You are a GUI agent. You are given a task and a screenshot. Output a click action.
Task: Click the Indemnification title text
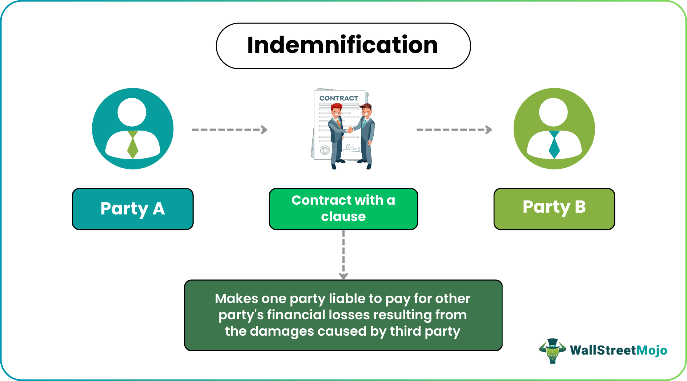pos(343,45)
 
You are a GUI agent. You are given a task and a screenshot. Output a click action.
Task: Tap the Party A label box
pos(133,209)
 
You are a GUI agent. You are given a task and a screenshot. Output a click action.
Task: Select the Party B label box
pos(554,209)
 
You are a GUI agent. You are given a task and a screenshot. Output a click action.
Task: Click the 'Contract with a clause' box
pos(343,209)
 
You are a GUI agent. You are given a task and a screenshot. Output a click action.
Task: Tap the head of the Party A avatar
pos(132,112)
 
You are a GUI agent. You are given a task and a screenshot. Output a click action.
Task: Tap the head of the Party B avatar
pos(553,112)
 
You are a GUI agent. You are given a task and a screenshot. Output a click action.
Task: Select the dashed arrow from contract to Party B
pos(454,130)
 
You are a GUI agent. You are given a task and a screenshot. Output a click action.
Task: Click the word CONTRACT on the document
pos(338,98)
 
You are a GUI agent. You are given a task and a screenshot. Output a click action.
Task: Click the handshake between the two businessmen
pos(350,130)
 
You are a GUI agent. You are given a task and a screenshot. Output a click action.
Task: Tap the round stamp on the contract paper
pos(325,150)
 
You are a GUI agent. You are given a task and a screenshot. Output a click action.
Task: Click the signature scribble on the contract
pos(351,148)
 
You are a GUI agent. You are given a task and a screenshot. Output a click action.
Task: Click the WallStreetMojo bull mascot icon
pos(552,351)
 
